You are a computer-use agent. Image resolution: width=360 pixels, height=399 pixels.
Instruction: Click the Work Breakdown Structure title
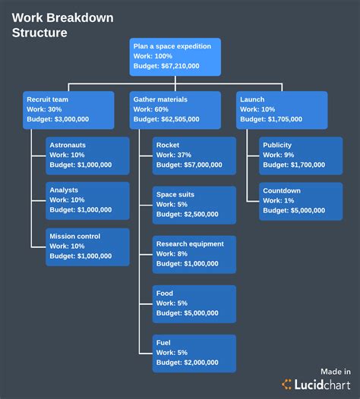55,24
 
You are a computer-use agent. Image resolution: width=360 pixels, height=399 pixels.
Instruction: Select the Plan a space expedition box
175,56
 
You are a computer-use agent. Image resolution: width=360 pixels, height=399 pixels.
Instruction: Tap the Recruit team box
68,109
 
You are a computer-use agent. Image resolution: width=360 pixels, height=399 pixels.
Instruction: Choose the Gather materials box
175,109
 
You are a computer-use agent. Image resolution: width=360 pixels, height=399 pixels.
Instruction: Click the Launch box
282,109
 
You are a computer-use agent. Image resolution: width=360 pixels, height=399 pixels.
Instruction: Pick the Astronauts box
87,155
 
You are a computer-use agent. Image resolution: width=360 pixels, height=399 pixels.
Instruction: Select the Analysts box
87,201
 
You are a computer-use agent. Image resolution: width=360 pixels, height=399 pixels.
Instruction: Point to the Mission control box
87,247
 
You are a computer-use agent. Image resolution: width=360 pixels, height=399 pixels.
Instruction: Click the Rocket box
194,155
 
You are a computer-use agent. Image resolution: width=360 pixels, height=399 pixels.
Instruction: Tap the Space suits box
194,204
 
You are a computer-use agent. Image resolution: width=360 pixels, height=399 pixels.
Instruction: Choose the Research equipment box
194,253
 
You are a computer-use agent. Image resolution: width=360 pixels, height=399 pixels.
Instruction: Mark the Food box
194,303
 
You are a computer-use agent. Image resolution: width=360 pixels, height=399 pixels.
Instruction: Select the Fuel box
194,352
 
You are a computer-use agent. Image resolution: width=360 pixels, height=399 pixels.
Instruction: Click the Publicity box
300,155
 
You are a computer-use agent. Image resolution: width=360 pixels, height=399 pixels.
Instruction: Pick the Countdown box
300,201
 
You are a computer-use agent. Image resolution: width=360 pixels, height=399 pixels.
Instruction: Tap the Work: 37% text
174,155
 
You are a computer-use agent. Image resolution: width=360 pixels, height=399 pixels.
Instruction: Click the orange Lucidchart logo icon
288,385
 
